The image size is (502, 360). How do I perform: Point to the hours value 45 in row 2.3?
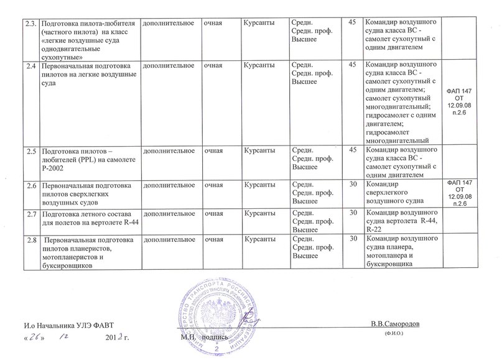point(353,23)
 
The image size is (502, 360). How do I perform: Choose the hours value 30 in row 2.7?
point(353,213)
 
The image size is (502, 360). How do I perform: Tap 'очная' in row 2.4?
point(216,65)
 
